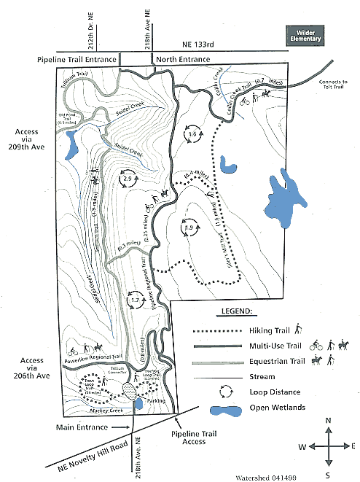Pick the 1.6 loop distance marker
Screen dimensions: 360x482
(x=192, y=136)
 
